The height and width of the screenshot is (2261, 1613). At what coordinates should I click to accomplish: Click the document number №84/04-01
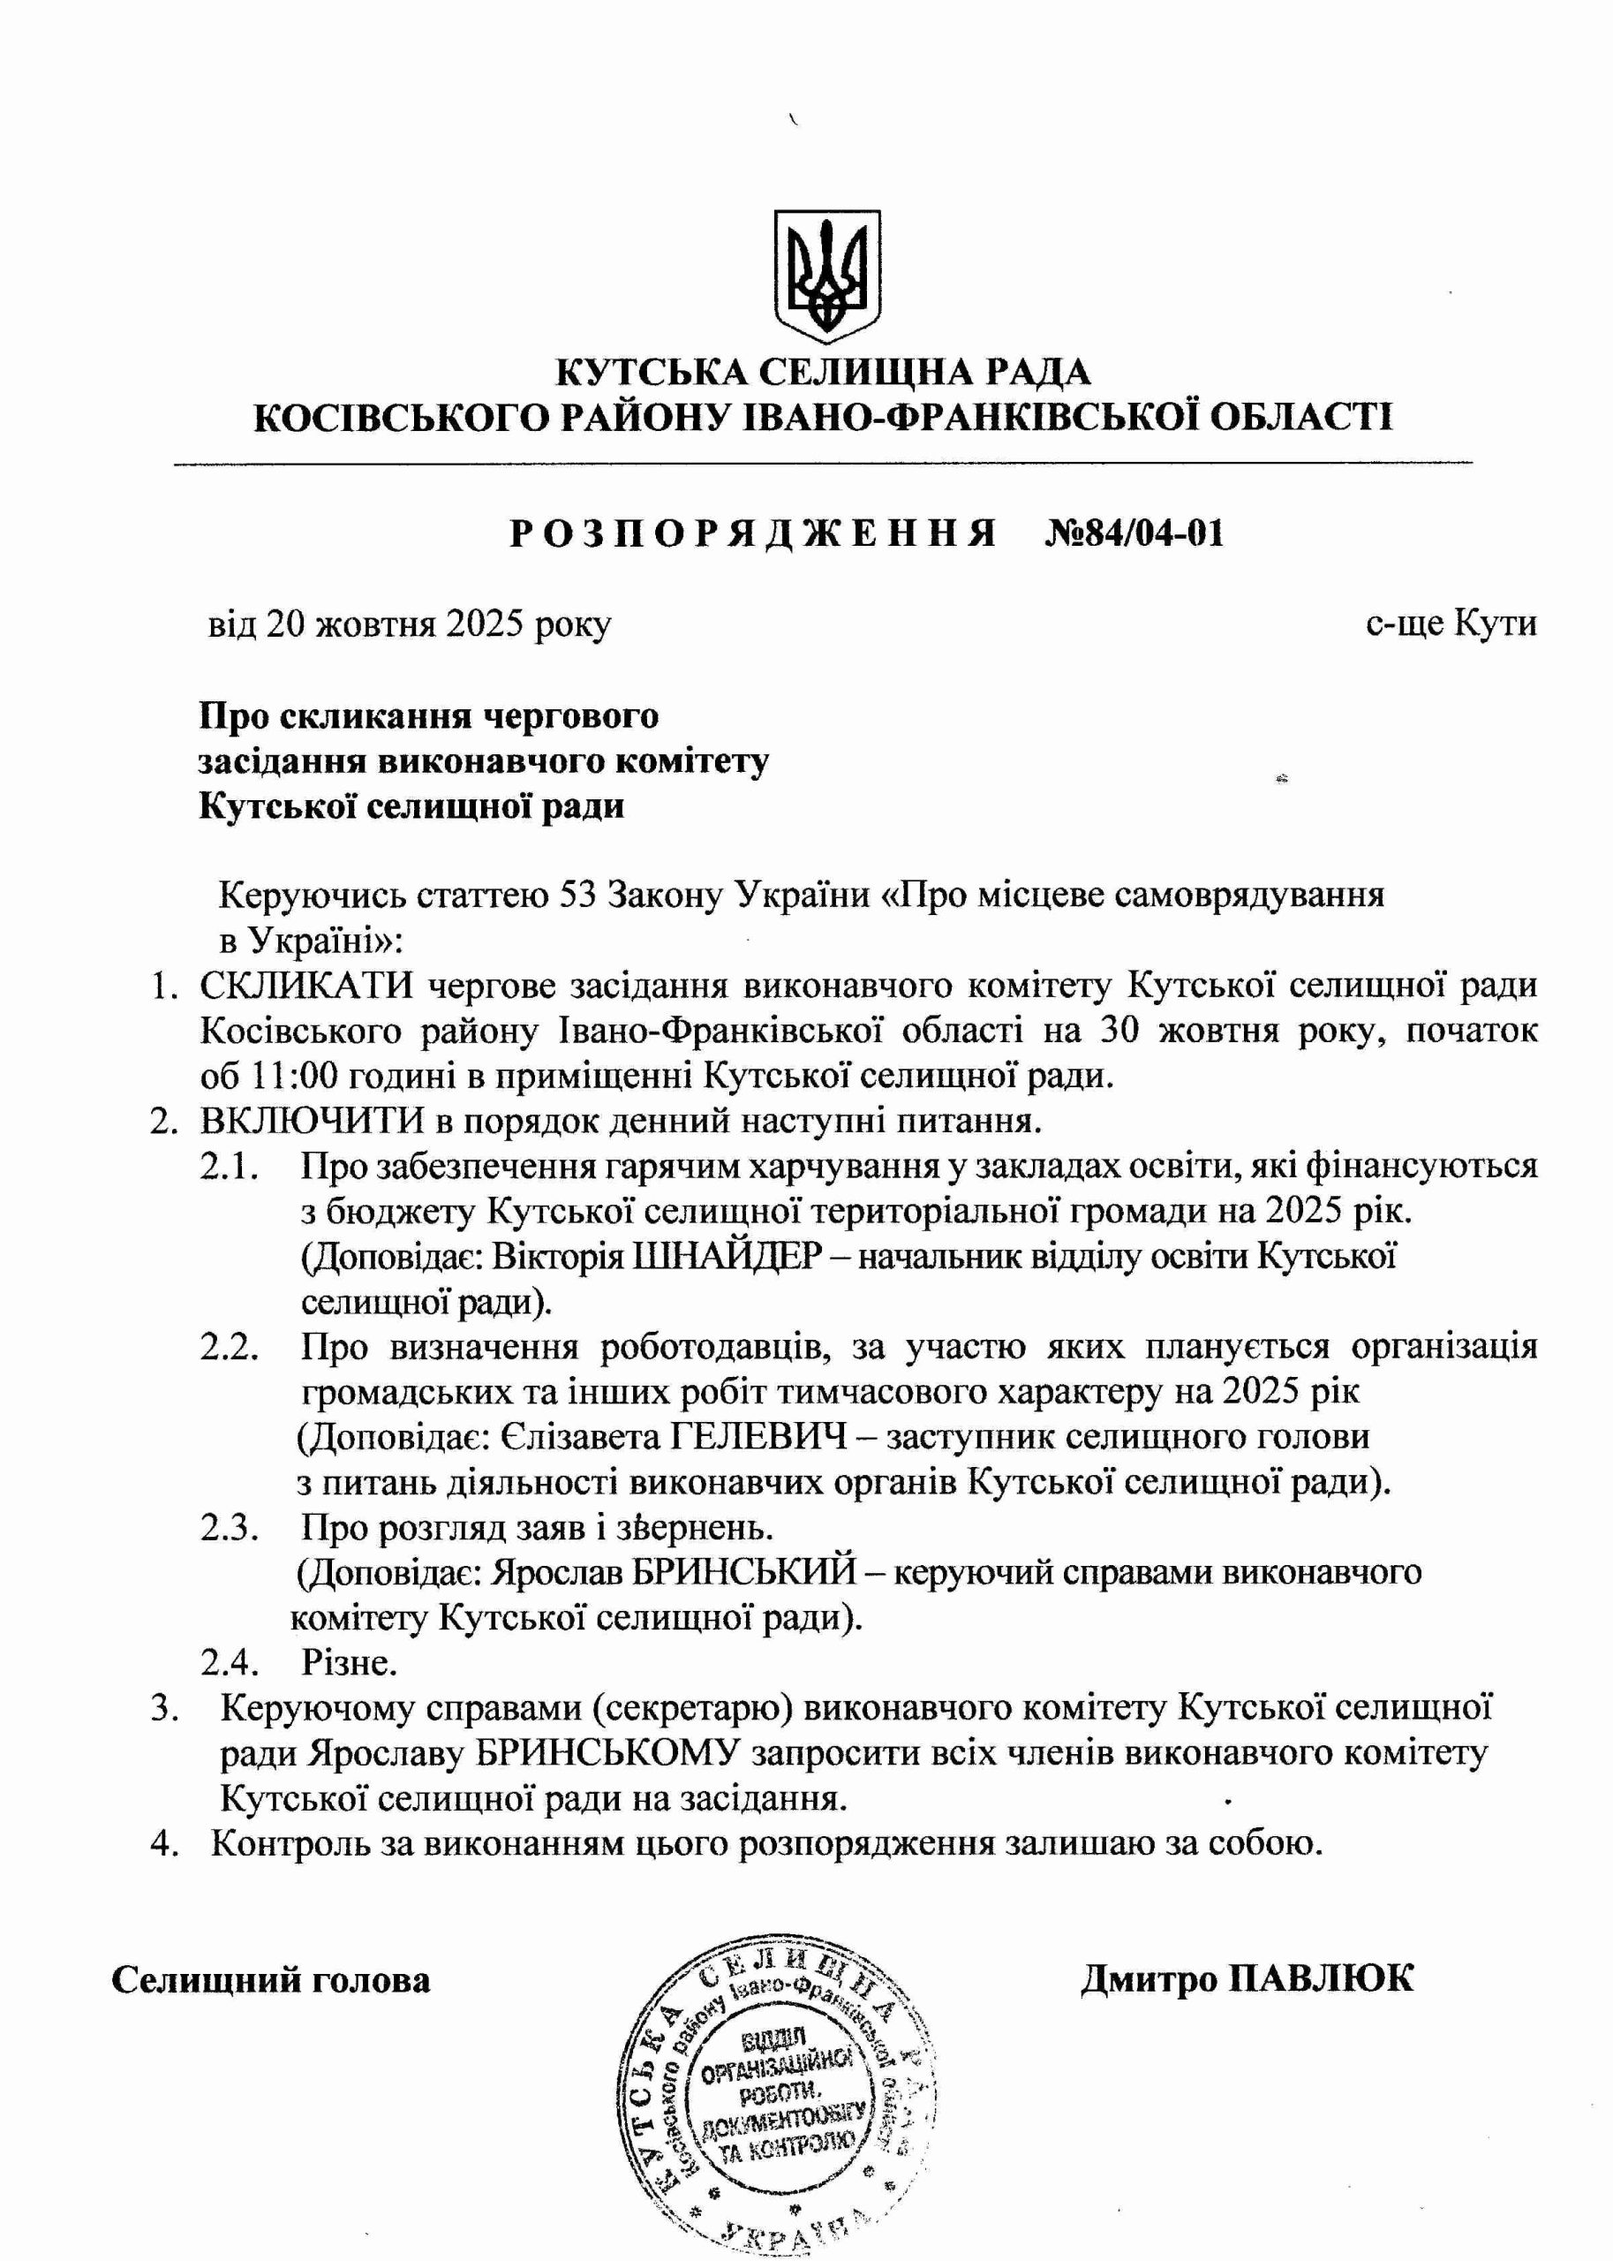point(1134,533)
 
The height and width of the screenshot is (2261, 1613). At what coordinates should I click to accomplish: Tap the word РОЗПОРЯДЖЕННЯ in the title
point(753,533)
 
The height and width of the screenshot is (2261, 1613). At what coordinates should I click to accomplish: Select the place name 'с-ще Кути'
point(1450,624)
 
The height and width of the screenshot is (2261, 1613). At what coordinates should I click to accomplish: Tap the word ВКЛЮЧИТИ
point(312,1121)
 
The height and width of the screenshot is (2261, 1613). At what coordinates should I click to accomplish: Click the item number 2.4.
point(230,1662)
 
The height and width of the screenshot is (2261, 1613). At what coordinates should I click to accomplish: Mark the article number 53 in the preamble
point(578,895)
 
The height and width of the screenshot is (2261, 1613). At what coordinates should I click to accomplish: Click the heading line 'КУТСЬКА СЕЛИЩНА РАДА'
point(823,373)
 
